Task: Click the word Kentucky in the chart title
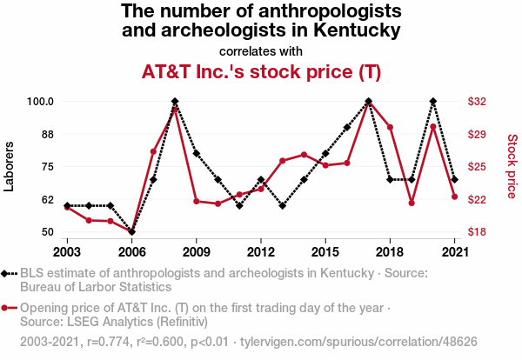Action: pos(358,31)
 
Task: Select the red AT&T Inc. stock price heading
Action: pos(261,71)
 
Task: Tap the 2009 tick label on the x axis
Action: pos(196,252)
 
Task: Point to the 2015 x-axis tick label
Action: pos(325,252)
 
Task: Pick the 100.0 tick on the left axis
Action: pos(40,102)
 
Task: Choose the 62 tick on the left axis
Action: pos(48,200)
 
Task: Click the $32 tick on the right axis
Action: pos(477,102)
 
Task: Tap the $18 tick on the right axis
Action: pos(477,232)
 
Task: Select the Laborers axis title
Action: pos(10,166)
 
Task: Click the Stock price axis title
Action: pos(512,165)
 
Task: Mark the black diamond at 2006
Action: pos(131,232)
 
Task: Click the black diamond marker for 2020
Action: pos(433,102)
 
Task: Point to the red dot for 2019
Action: pos(412,203)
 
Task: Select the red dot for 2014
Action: pos(304,155)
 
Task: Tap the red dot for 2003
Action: pos(67,207)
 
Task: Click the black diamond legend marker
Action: pos(7,273)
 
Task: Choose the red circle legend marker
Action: pos(7,308)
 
